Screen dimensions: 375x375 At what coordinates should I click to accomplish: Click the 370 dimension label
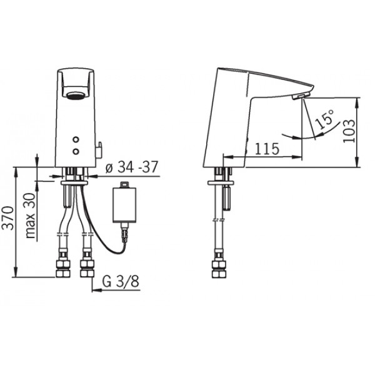coord(8,218)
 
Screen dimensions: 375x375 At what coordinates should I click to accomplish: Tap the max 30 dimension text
coord(31,216)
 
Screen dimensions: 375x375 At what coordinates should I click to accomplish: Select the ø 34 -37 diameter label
coord(132,167)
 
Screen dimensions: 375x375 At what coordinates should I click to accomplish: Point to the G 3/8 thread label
coord(121,281)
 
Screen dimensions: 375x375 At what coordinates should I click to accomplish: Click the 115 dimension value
coord(267,149)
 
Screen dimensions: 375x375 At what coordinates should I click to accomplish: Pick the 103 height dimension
coord(349,131)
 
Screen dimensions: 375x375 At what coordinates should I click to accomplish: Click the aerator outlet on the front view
coord(76,96)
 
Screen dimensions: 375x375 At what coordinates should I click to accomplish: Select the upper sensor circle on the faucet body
coord(76,139)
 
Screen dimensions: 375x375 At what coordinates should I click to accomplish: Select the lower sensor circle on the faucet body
coord(76,151)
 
